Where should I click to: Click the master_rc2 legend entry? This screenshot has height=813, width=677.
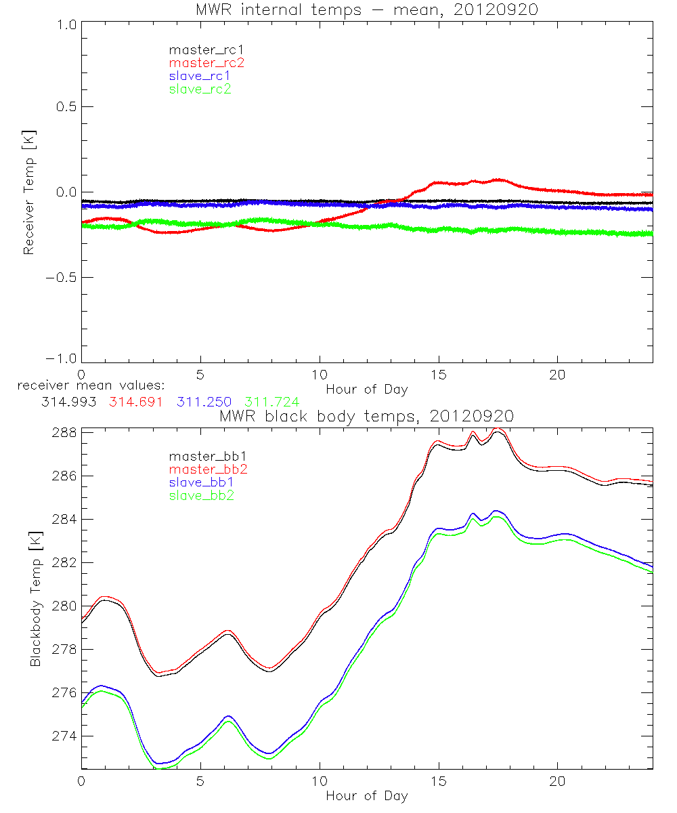[206, 62]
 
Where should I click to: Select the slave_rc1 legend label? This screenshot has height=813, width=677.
[200, 75]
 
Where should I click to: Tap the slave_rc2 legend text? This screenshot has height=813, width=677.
[200, 88]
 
